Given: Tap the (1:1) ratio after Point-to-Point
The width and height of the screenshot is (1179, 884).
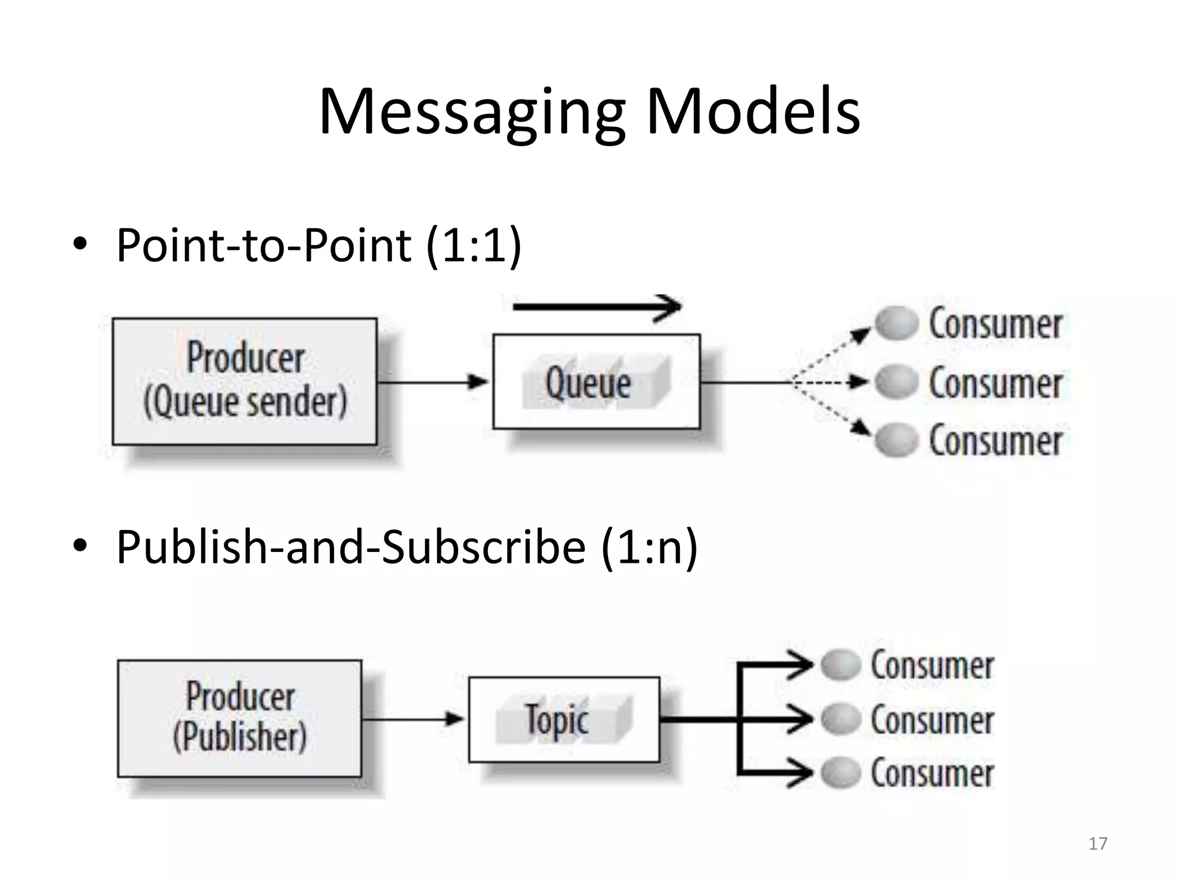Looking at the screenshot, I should pos(473,246).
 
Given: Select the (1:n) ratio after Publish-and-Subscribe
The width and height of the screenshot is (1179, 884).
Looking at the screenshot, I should pos(649,547).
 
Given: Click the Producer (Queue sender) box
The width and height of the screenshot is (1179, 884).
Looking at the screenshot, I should pos(245,381).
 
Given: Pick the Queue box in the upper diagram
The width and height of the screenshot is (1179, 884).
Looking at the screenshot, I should pos(596,382).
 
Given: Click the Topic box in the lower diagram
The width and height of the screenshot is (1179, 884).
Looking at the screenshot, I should pos(564,719).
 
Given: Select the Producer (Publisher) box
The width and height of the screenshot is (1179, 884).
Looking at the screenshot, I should pos(239,718).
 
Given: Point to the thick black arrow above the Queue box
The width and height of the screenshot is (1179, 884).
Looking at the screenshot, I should pos(596,307).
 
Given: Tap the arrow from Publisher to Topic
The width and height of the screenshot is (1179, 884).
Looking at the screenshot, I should pos(414,719).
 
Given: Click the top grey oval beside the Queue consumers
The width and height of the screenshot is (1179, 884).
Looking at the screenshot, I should pos(896,323).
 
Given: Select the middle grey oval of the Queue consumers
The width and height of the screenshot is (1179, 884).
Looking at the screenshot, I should pos(896,382).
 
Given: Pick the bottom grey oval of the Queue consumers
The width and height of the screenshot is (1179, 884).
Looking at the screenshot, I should pos(896,440).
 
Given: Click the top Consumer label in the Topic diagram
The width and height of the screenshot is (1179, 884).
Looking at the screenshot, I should pos(932,666).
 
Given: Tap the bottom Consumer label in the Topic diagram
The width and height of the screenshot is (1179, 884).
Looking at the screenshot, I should pos(932,773).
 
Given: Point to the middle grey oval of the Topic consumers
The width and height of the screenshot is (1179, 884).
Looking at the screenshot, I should pos(840,719).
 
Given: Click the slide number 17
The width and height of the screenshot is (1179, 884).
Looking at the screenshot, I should pos(1098,844).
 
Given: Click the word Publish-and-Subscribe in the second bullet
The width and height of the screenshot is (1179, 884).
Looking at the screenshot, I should pos(351,547).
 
